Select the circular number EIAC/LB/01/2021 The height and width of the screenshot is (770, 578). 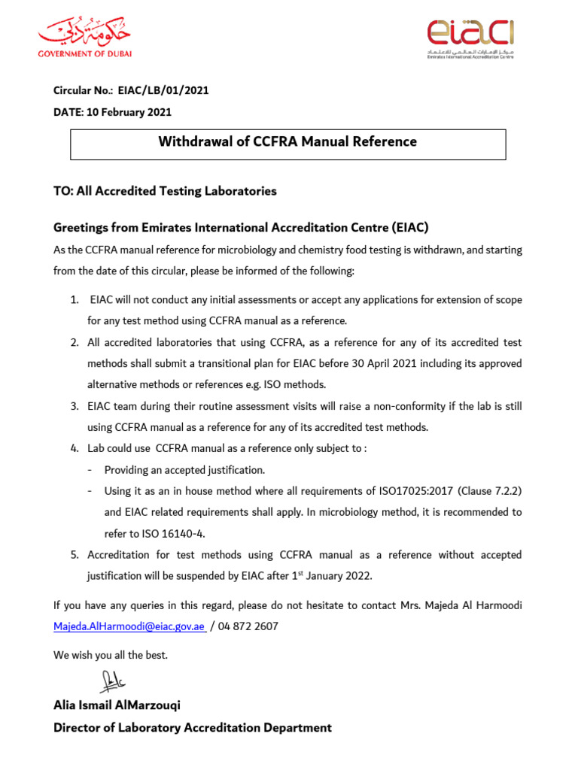[x=163, y=91]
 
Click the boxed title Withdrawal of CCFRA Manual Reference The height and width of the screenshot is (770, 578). [x=287, y=142]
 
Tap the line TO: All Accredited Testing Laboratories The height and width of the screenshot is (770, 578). [x=165, y=191]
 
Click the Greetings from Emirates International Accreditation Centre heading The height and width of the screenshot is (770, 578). [x=240, y=227]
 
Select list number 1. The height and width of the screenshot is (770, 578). [x=75, y=300]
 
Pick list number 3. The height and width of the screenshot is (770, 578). [x=75, y=406]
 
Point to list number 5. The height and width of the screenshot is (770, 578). [x=75, y=555]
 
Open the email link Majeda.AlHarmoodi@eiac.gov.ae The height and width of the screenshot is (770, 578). [x=129, y=626]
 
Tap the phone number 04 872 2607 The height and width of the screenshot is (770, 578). [x=246, y=626]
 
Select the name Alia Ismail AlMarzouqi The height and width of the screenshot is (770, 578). [x=117, y=706]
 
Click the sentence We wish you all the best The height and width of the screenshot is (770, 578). [x=111, y=655]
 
